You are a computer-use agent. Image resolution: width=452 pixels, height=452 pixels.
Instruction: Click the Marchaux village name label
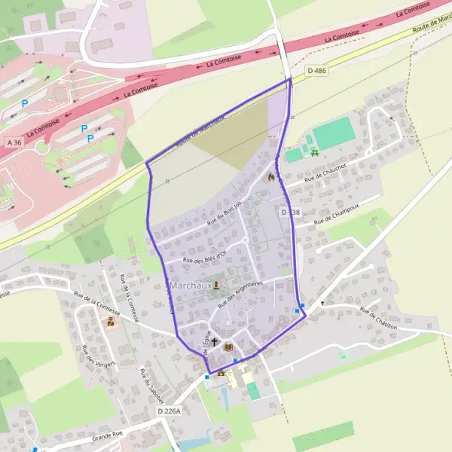pyautogui.click(x=188, y=286)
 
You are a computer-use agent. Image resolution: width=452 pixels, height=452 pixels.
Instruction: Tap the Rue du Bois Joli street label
pyautogui.click(x=226, y=212)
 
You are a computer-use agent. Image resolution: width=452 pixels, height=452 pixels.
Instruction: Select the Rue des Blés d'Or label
pyautogui.click(x=205, y=258)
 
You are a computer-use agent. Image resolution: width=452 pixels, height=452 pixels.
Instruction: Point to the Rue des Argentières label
pyautogui.click(x=238, y=295)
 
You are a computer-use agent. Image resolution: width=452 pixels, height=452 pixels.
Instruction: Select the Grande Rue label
pyautogui.click(x=107, y=435)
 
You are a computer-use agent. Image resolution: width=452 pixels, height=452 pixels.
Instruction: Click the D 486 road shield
pyautogui.click(x=317, y=71)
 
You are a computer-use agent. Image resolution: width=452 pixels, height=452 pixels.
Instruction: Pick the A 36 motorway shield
pyautogui.click(x=14, y=141)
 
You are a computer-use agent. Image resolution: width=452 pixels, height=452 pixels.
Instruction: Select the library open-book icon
pyautogui.click(x=228, y=347)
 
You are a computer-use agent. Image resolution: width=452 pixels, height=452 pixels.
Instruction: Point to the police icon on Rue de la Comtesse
pyautogui.click(x=111, y=322)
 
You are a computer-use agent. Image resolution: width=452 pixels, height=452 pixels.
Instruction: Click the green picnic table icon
pyautogui.click(x=315, y=153)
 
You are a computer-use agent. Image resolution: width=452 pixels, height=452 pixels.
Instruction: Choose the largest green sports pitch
pyautogui.click(x=333, y=133)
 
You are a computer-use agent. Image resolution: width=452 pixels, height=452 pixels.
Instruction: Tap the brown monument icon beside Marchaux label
pyautogui.click(x=217, y=285)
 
